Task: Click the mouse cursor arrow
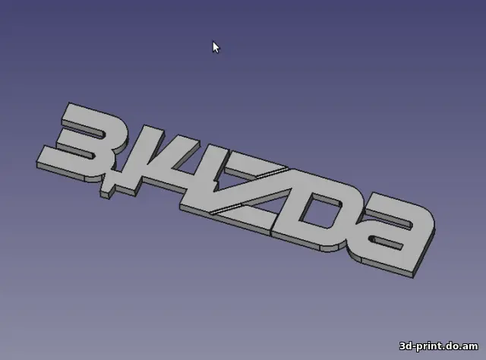[x=215, y=46]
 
